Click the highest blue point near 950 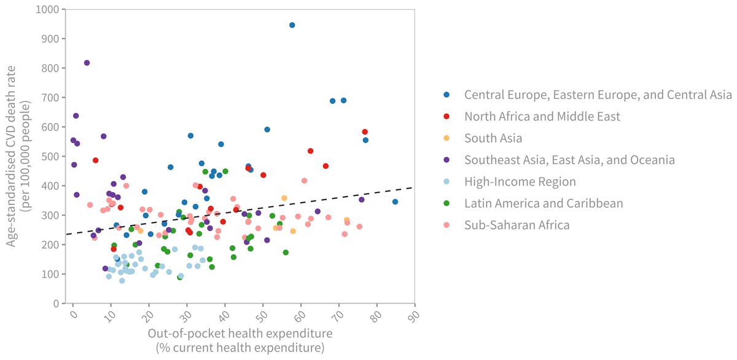[x=292, y=25]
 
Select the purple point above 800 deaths [x=87, y=63]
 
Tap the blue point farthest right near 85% [x=395, y=202]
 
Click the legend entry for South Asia [x=493, y=138]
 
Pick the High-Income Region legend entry [x=520, y=181]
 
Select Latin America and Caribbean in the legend [x=544, y=203]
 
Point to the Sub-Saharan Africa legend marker [x=446, y=225]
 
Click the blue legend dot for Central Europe [x=446, y=95]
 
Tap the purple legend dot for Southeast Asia [x=446, y=160]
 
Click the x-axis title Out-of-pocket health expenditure [x=240, y=333]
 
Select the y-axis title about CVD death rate [x=17, y=157]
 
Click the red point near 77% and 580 [x=365, y=132]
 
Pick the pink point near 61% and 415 [x=304, y=181]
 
